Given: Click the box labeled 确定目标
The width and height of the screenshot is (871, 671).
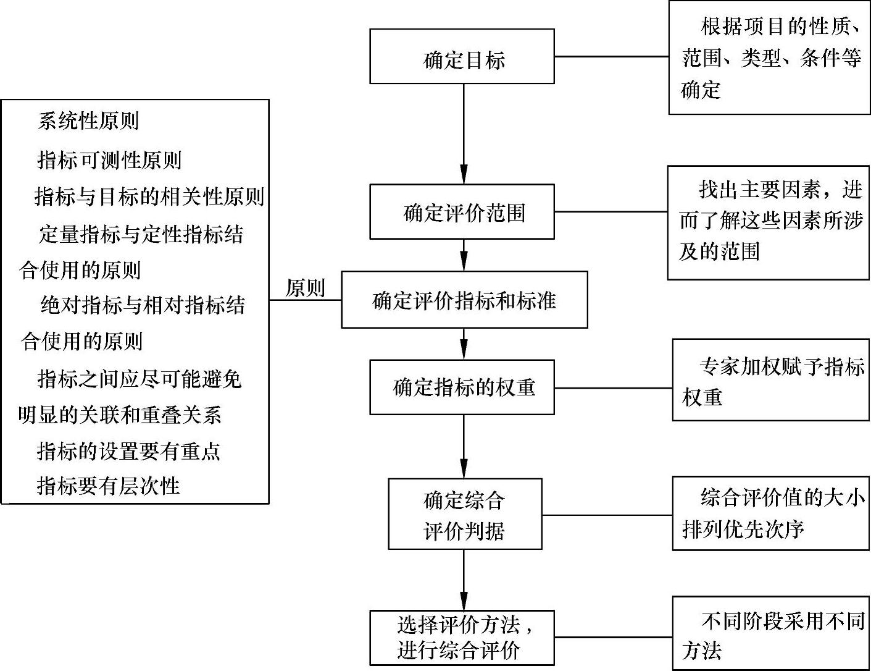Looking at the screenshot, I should tap(462, 57).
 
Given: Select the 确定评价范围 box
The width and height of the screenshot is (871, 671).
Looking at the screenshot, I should tap(462, 212).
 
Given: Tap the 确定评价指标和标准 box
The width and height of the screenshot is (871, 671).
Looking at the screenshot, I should tap(464, 300).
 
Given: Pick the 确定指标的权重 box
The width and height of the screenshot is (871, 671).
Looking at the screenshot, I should tap(462, 387).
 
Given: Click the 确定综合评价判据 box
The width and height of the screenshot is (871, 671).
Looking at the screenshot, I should tap(465, 514).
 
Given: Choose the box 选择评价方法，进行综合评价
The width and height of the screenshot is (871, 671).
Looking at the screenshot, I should tap(462, 638).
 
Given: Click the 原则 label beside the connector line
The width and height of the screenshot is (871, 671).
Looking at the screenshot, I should tap(305, 287).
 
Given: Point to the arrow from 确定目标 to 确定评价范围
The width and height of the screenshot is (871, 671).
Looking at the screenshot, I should tap(464, 133).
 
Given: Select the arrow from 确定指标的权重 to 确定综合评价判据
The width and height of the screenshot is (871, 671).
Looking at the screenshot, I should tap(464, 446).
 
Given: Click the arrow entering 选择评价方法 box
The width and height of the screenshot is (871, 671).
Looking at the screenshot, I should tap(464, 580).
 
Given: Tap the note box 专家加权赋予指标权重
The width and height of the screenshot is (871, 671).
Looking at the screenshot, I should tap(770, 381).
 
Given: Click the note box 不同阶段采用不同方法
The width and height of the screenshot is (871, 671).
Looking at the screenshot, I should tap(770, 633).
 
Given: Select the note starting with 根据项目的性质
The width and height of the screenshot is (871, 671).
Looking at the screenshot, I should tap(769, 58).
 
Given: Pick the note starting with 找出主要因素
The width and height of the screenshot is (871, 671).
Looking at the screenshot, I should tap(769, 222).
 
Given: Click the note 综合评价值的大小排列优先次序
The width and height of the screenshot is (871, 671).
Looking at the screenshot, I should tap(770, 513).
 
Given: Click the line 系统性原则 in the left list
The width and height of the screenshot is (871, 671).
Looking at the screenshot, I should tap(88, 121).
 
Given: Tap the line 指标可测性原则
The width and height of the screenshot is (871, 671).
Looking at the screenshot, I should tap(109, 160).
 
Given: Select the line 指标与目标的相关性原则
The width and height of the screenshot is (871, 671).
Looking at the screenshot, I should tap(149, 197).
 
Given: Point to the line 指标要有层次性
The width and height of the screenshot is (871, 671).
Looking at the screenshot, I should tap(109, 486).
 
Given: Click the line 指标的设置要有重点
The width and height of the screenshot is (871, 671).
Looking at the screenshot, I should tap(128, 451).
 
